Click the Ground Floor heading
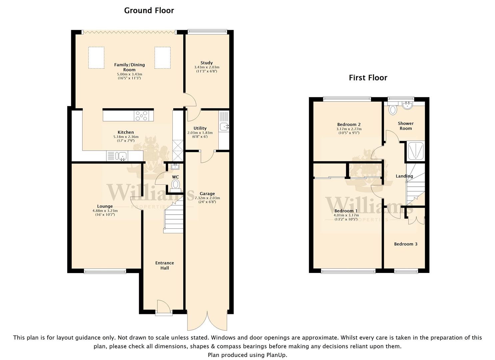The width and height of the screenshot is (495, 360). (149, 11)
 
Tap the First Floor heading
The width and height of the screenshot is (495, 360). (368, 78)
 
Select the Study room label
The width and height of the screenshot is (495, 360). (207, 63)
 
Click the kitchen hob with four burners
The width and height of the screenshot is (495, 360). (141, 116)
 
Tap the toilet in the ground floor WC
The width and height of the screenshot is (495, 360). (175, 185)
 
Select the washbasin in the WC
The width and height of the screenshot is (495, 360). (175, 166)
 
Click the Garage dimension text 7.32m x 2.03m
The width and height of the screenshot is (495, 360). (207, 198)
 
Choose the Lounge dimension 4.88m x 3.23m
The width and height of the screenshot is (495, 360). (105, 211)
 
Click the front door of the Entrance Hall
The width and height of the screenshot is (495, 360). (164, 307)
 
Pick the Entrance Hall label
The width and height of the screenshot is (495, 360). (165, 265)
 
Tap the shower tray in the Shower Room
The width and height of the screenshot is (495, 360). (415, 151)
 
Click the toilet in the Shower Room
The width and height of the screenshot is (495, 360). (393, 109)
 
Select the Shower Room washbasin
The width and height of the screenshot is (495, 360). (407, 105)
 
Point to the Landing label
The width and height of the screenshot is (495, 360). (404, 176)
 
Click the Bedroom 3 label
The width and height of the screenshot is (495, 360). (406, 244)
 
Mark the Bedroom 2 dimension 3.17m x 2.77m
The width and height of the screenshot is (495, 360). (349, 129)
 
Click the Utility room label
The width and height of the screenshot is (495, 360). (200, 128)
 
